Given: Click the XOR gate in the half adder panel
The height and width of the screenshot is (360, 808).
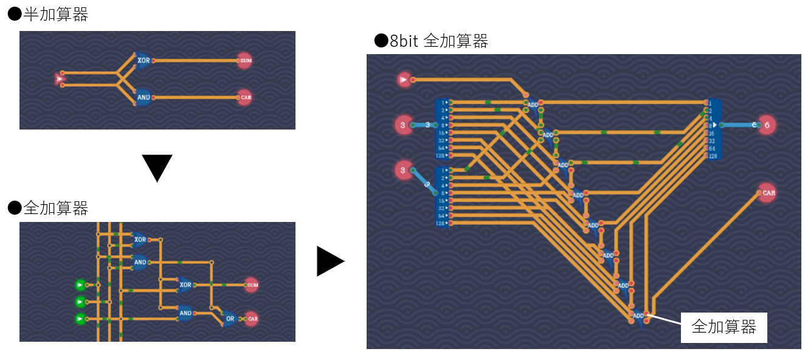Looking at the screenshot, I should [x=143, y=61].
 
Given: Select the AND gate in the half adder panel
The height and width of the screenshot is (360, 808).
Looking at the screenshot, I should [x=143, y=97].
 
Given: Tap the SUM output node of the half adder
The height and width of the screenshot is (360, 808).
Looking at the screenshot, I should [x=244, y=61].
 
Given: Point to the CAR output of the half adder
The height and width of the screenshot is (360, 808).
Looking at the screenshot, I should [x=244, y=97].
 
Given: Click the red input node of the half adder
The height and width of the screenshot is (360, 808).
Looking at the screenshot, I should [x=60, y=79].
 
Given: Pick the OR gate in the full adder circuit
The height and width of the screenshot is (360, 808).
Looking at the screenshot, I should [x=230, y=318].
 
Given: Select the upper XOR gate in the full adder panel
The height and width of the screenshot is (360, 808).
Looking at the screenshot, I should [x=140, y=240].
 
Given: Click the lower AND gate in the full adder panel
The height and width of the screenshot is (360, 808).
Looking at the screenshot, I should [x=185, y=313].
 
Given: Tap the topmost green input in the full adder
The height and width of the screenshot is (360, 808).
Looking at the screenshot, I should [x=80, y=285].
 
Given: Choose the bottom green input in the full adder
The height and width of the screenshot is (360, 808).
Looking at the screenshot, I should [x=80, y=319].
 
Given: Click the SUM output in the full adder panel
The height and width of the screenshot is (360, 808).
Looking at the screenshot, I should [x=252, y=285].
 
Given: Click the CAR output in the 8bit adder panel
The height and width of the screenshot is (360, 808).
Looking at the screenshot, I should [x=768, y=193].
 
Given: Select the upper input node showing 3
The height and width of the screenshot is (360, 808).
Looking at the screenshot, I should [x=402, y=125].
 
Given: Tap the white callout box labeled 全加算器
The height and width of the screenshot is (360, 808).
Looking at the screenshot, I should [x=723, y=328].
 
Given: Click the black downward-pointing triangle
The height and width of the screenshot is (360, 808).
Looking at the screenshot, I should [x=157, y=167].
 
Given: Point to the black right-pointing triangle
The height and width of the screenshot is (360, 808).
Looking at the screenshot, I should [x=330, y=261].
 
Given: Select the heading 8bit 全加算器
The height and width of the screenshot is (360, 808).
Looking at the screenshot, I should [x=431, y=41].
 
